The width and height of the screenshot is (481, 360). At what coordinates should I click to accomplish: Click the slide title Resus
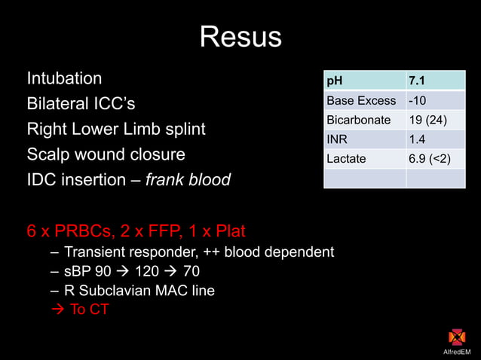(x=240, y=37)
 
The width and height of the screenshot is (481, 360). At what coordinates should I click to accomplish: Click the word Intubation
(x=65, y=78)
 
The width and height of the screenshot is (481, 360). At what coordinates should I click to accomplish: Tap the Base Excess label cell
(x=361, y=100)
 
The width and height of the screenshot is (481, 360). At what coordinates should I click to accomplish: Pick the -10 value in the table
(x=417, y=100)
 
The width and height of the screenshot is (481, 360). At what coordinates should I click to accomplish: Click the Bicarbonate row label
(x=358, y=120)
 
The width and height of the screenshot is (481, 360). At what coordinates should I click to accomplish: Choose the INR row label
(x=336, y=139)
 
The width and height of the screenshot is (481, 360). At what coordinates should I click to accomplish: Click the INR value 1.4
(x=417, y=139)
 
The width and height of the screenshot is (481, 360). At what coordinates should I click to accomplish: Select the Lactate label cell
(x=346, y=159)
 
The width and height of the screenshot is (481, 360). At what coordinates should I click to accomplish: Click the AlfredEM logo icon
(x=457, y=337)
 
